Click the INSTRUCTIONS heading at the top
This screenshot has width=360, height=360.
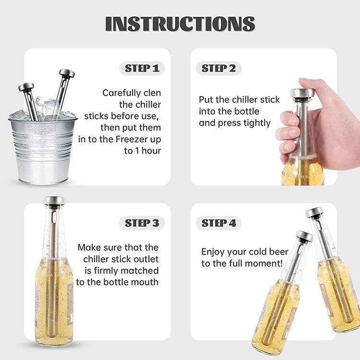tap(180, 24)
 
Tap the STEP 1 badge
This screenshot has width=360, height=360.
tap(142, 68)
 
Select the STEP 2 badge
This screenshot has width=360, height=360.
tap(218, 68)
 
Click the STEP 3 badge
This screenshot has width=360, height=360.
tap(142, 223)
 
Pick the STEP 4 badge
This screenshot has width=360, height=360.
tap(218, 223)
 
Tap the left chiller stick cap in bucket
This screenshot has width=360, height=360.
tap(26, 87)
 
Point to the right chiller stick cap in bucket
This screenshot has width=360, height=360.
tap(66, 73)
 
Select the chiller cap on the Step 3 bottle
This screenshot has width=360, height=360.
tap(54, 200)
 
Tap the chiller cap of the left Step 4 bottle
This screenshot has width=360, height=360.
tap(304, 236)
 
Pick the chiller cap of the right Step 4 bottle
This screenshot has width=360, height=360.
tap(314, 212)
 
